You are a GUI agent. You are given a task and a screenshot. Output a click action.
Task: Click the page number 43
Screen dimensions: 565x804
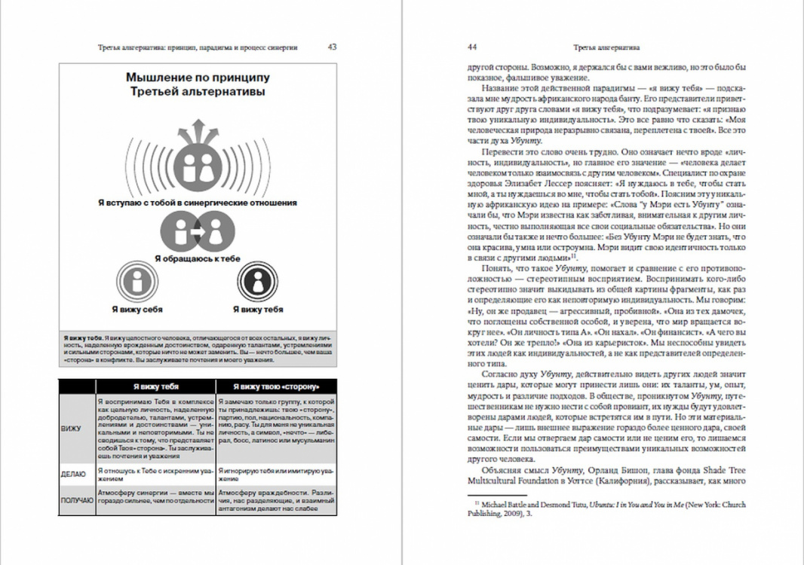(332, 47)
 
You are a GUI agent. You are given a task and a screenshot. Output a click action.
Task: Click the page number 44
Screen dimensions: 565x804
(472, 47)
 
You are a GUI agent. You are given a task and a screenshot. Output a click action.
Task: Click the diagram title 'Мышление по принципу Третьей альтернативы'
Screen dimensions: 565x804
(198, 84)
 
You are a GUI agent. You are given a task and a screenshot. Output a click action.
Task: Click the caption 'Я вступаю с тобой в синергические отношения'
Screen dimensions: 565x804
(198, 203)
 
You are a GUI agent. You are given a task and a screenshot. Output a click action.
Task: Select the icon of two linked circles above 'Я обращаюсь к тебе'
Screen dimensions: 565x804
(198, 232)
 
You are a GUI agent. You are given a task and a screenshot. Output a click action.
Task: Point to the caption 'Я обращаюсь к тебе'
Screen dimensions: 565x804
(198, 258)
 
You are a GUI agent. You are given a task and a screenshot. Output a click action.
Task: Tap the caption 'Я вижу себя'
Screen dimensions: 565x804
(137, 309)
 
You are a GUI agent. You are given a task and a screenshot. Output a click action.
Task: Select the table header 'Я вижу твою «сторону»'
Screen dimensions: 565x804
(276, 386)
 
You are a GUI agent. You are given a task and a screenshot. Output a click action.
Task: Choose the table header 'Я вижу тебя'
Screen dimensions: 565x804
(155, 386)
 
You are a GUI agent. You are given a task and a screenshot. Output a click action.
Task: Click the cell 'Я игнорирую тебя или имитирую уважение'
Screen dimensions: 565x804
(276, 474)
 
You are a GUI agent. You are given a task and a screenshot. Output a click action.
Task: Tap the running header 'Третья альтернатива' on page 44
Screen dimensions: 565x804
(607, 47)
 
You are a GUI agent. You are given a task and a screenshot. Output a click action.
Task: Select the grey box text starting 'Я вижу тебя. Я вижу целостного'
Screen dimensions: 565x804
(198, 351)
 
